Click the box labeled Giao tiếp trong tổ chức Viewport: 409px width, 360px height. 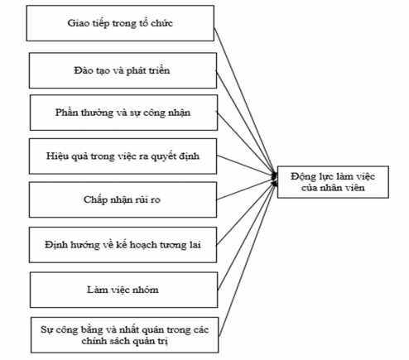pos(121,23)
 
